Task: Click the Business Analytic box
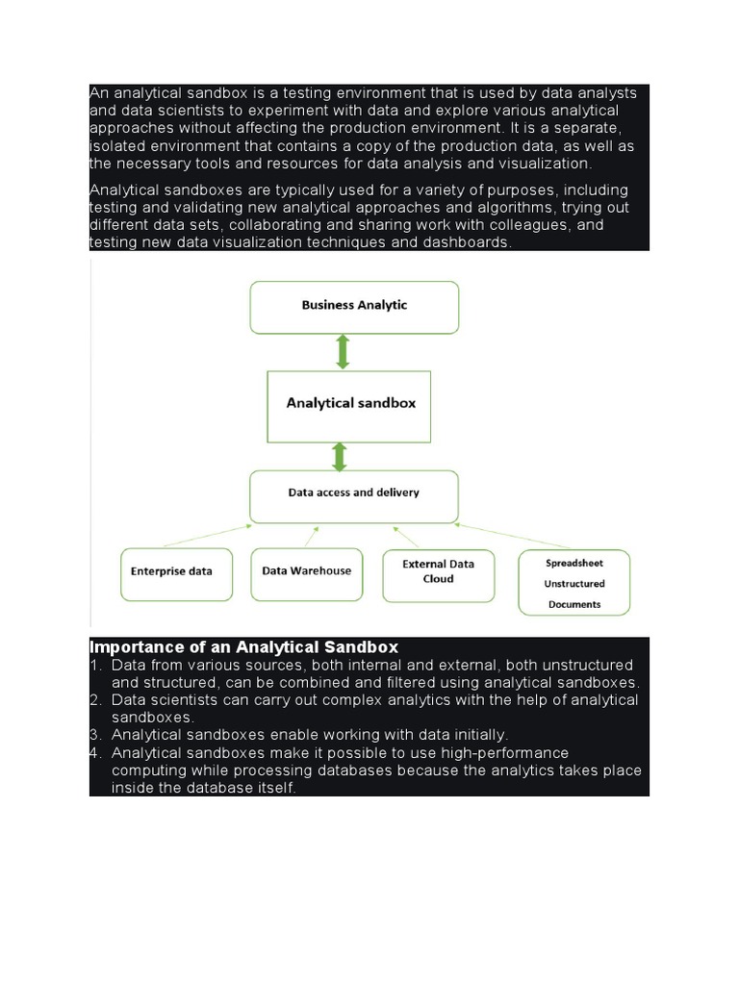[x=354, y=306]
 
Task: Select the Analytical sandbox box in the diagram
[x=350, y=404]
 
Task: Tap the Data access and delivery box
[x=353, y=493]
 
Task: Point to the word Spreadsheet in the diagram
[x=574, y=562]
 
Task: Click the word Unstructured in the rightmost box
[x=574, y=584]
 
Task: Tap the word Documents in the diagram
[x=574, y=605]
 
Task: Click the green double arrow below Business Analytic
[x=343, y=352]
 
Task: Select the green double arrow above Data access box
[x=340, y=456]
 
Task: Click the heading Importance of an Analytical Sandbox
[x=243, y=647]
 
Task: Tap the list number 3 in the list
[x=95, y=735]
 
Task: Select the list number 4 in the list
[x=95, y=753]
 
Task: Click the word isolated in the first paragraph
[x=116, y=146]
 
